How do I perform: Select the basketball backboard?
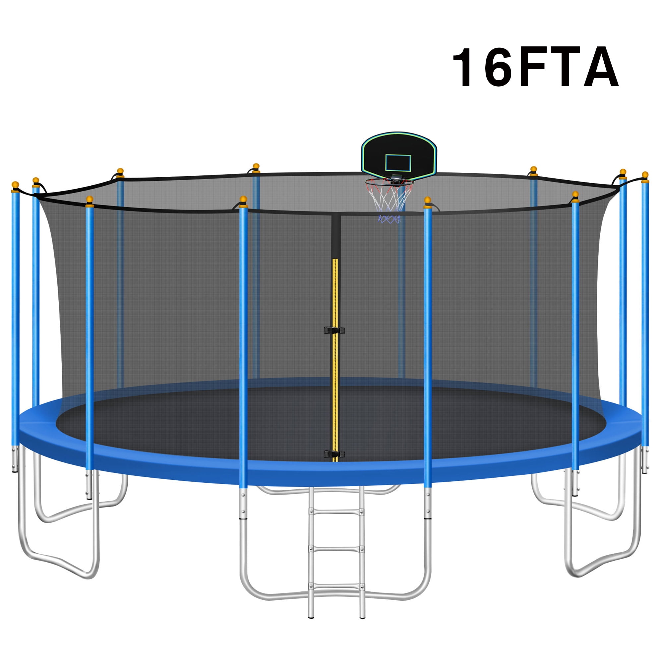[x=399, y=153]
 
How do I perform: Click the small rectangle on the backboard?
[x=398, y=163]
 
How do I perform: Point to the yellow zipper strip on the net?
[x=335, y=360]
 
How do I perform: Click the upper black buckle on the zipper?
[x=334, y=331]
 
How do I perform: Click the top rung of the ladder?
[x=336, y=512]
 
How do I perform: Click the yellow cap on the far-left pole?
[x=15, y=185]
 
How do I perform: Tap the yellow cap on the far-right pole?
[x=645, y=175]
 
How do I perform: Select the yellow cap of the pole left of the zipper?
[x=243, y=200]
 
